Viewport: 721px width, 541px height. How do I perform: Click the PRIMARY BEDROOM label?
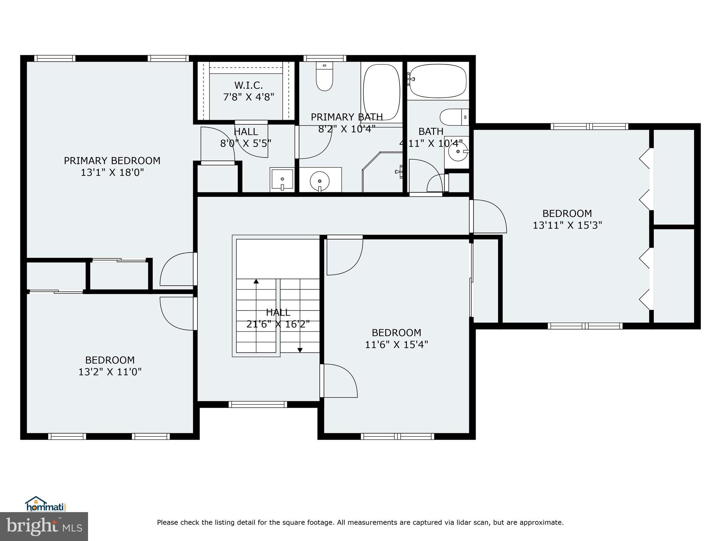112,161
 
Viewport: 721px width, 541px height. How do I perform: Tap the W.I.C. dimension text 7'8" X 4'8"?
249,97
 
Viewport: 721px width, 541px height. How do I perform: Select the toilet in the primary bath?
324,76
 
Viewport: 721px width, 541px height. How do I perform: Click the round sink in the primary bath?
320,181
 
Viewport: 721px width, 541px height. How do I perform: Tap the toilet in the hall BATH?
454,117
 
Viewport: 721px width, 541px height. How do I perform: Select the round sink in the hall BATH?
457,152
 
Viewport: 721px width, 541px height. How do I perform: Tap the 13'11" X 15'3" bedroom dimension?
567,225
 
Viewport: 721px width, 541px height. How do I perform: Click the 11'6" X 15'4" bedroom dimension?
396,344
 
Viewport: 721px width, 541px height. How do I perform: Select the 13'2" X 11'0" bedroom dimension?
110,372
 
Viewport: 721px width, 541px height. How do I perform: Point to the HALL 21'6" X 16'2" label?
278,318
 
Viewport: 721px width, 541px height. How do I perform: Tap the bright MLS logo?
44,526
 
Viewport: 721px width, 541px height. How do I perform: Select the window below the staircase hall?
258,405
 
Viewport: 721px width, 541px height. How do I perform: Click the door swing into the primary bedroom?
176,269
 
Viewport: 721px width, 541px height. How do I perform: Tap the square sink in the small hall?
282,180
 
